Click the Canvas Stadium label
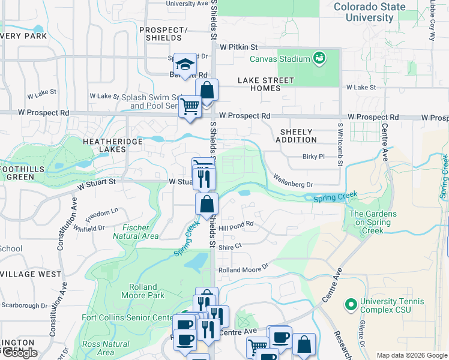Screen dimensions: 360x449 coord(280,59)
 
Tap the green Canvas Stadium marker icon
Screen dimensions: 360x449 coord(319,58)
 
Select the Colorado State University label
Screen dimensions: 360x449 coord(369,12)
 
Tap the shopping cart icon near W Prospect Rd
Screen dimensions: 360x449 coord(190,107)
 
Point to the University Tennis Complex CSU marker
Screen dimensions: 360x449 coord(351,305)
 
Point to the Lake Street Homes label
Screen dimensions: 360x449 coord(266,84)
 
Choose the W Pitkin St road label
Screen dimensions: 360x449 coord(238,46)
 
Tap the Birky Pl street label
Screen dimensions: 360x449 coord(313,157)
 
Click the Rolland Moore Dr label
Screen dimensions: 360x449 coord(243,270)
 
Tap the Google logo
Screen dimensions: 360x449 coord(20,353)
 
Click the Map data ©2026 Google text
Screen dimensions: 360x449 coord(412,355)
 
